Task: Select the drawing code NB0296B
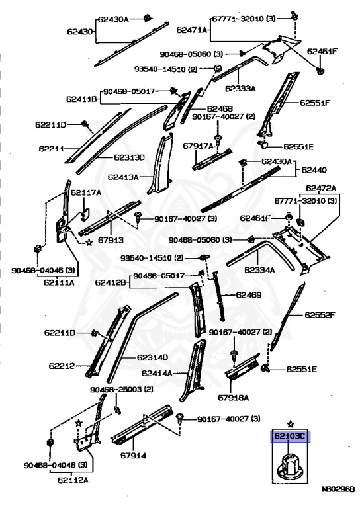[x=338, y=490]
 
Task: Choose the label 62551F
[x=314, y=103]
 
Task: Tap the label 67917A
[x=198, y=146]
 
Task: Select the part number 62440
[x=314, y=170]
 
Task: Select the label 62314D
[x=152, y=357]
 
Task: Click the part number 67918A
[x=234, y=397]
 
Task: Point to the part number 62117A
[x=86, y=192]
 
